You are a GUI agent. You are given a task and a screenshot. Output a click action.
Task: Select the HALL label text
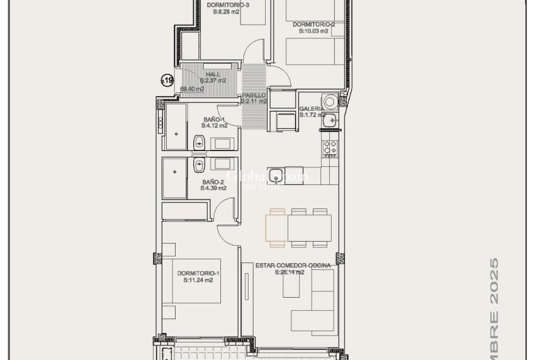point(213,74)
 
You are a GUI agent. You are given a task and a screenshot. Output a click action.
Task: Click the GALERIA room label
point(312,108)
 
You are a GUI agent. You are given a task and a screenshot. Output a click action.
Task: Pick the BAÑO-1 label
point(214,119)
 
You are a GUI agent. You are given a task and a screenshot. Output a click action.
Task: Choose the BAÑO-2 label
point(213,182)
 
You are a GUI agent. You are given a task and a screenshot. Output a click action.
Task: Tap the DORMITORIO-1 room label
point(198,273)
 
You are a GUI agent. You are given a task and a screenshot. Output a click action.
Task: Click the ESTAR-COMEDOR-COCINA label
point(293,266)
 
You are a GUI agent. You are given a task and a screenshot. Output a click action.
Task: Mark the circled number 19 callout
point(167,80)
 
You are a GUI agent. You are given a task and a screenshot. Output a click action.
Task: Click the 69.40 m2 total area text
point(192,89)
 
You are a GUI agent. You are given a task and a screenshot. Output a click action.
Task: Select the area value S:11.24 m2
point(198,281)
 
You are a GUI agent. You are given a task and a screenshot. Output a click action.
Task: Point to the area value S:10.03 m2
point(313,30)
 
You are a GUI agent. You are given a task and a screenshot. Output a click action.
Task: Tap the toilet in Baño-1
point(198,143)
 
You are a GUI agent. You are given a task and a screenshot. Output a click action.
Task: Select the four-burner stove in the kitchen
point(330,148)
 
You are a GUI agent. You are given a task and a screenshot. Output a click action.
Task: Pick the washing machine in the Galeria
point(329,101)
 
